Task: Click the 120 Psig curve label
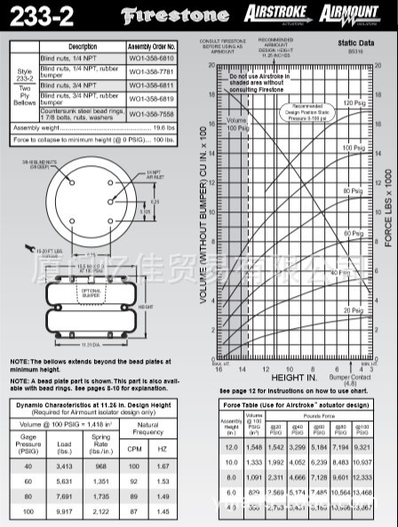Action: pyautogui.click(x=354, y=104)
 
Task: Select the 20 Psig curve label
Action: pyautogui.click(x=354, y=310)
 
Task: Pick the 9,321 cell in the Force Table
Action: pyautogui.click(x=377, y=447)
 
